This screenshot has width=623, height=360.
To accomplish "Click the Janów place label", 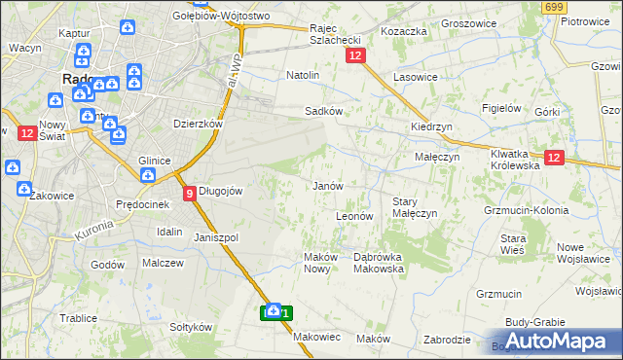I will pyautogui.click(x=326, y=186).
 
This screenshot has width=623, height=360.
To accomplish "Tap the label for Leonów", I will pyautogui.click(x=354, y=216).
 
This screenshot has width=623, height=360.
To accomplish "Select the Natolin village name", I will pyautogui.click(x=303, y=75).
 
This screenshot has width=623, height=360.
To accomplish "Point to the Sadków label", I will pyautogui.click(x=323, y=111).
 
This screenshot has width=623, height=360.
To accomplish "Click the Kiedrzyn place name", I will pyautogui.click(x=429, y=127).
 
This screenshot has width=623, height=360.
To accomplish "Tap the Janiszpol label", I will pyautogui.click(x=216, y=237).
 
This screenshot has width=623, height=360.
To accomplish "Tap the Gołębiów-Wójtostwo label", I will pyautogui.click(x=206, y=17).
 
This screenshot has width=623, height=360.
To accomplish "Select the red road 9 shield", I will pyautogui.click(x=189, y=193).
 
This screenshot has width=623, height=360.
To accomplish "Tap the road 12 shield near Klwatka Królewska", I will pyautogui.click(x=554, y=159).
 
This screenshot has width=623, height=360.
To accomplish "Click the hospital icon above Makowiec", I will pyautogui.click(x=275, y=310).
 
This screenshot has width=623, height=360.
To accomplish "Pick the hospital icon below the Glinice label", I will pyautogui.click(x=147, y=176).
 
